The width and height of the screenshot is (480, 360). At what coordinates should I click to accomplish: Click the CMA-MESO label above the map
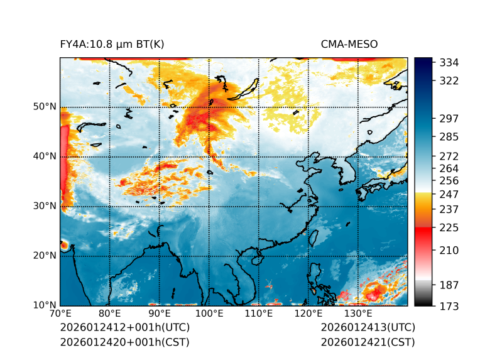pos(349,45)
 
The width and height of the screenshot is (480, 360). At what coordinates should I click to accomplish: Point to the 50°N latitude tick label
pos(45,107)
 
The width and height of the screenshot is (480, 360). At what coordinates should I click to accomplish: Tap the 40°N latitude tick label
pos(45,156)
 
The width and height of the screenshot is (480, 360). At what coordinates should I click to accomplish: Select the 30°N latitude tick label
pos(45,206)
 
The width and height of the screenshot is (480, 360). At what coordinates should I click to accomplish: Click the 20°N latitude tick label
pos(45,256)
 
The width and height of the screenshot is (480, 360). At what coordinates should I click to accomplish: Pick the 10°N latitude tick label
pos(45,305)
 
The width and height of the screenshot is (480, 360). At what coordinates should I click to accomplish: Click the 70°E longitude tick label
pos(60,314)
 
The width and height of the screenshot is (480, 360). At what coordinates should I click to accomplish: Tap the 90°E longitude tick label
pos(160,314)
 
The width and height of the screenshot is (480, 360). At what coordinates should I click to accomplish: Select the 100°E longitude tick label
pos(209,314)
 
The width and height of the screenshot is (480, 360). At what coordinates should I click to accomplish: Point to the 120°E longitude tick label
pos(308,314)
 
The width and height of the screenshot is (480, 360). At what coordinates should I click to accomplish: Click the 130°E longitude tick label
pos(358,314)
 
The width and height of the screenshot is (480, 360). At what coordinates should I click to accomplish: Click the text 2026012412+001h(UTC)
pos(124,328)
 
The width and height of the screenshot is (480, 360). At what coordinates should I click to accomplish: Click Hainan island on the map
pos(256,259)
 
